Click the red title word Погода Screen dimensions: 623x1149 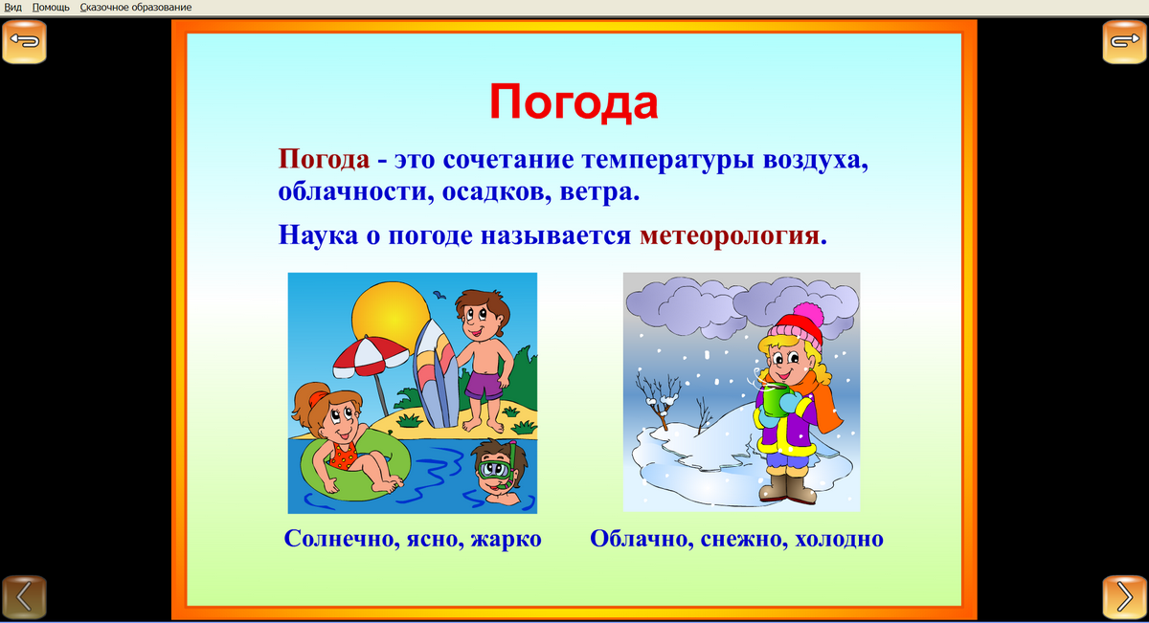click(x=574, y=100)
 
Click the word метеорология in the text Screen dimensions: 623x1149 click(x=730, y=235)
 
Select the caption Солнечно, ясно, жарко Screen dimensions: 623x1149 click(x=413, y=539)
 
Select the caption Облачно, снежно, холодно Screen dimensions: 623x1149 click(x=736, y=539)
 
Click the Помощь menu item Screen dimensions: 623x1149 click(x=51, y=7)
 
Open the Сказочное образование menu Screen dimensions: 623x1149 click(x=135, y=7)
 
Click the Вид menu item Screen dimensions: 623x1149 click(x=13, y=7)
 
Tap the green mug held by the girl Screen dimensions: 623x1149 click(x=770, y=402)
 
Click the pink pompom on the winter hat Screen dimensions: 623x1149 click(x=809, y=313)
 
